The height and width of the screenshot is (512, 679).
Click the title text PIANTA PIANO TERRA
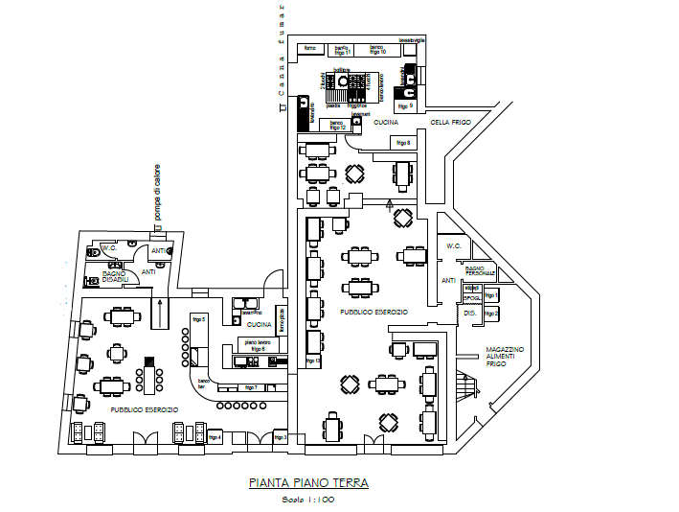307,483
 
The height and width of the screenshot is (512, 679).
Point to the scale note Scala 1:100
307,500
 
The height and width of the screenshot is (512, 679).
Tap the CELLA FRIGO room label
451,123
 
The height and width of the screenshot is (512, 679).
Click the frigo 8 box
403,143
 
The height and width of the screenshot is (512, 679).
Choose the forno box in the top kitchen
309,48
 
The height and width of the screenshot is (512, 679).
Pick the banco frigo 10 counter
377,50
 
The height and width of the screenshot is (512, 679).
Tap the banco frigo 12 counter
337,125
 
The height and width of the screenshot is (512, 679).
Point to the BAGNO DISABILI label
115,276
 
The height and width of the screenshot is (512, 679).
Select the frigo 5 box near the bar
199,319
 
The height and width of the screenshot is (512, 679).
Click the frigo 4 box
214,437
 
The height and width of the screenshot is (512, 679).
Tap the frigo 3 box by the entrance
280,438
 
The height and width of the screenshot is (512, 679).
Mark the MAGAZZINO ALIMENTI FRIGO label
505,357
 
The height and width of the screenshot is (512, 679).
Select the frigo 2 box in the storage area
491,314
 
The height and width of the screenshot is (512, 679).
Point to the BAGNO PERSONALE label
481,271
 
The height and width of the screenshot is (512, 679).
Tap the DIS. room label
469,314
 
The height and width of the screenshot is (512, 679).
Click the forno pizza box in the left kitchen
282,320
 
